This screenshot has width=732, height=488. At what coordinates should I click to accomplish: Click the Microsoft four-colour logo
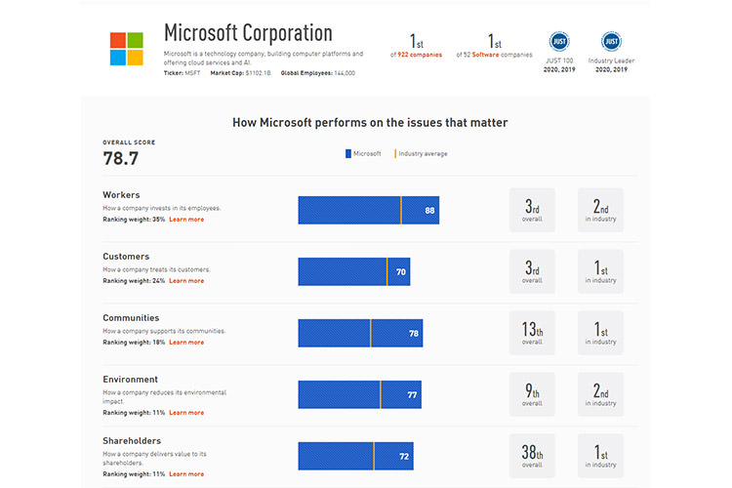point(127,49)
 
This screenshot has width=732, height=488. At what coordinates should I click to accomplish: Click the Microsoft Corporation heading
point(248,33)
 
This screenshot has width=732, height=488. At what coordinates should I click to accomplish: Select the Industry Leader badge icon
point(612,41)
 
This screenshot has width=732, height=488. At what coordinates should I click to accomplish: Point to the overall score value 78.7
point(121,158)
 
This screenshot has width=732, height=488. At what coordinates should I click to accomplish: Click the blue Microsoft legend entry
point(362,153)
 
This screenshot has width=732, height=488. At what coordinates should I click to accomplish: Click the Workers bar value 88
point(429,211)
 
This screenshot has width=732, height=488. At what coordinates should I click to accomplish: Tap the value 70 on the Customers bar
point(400,272)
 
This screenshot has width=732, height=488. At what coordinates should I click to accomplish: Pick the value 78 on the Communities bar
point(414,334)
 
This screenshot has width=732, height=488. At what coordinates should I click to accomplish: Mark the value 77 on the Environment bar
point(412,395)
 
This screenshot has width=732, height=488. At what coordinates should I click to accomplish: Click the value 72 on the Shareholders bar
point(404,456)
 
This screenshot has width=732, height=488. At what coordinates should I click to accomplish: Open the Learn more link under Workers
point(186,220)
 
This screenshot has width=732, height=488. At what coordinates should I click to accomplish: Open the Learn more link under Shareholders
point(186,474)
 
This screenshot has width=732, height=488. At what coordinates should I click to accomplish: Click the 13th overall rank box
point(532,333)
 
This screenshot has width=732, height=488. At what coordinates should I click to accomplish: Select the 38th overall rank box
point(532,456)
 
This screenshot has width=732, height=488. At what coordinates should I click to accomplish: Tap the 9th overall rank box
point(532,394)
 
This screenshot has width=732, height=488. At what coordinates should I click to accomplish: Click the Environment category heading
point(130,380)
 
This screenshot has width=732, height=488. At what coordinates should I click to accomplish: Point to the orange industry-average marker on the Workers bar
point(400,210)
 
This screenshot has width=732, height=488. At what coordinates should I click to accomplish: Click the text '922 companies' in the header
point(421,55)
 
